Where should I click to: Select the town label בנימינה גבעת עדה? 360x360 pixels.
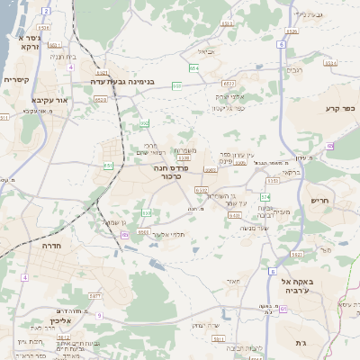tap(122, 81)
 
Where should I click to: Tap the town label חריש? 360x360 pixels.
tap(320, 201)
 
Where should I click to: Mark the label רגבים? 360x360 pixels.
tap(294, 69)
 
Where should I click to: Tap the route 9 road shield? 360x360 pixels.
tap(99, 316)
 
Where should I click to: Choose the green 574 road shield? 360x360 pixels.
tap(265, 196)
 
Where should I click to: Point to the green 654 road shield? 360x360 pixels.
tap(193, 67)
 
